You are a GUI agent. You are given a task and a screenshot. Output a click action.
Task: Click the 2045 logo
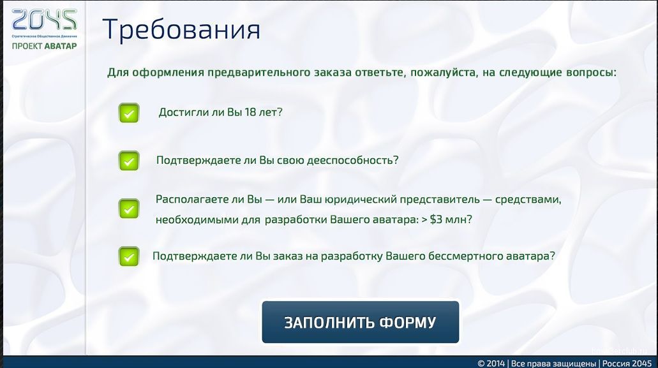[x=44, y=20]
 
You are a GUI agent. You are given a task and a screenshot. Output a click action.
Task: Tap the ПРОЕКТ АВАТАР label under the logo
[x=44, y=46]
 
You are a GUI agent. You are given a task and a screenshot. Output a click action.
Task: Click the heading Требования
[x=181, y=29]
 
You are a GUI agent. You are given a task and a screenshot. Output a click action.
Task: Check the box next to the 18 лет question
[x=129, y=113]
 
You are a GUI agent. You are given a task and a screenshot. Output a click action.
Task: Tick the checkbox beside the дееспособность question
[x=129, y=161]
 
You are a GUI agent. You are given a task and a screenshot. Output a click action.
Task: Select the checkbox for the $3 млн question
[x=129, y=209]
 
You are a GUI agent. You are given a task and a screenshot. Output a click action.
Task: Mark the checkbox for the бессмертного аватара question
[x=129, y=256]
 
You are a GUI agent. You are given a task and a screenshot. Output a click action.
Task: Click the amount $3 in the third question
[x=436, y=219]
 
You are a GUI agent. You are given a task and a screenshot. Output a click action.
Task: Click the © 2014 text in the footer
[x=491, y=364]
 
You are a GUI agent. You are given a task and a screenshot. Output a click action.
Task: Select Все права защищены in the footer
[x=553, y=364]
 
